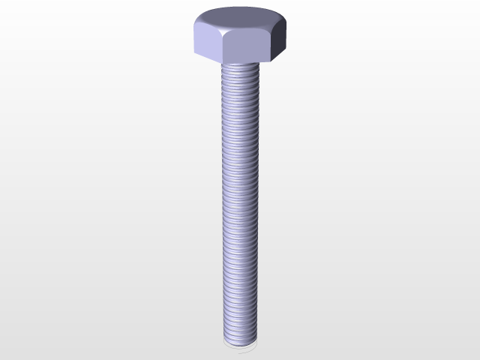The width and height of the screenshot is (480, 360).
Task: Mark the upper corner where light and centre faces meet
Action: (223, 31)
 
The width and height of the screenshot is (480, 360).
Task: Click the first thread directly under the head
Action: (240, 67)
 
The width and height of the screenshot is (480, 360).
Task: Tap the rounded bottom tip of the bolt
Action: (240, 342)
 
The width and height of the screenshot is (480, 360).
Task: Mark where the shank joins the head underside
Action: (240, 63)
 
